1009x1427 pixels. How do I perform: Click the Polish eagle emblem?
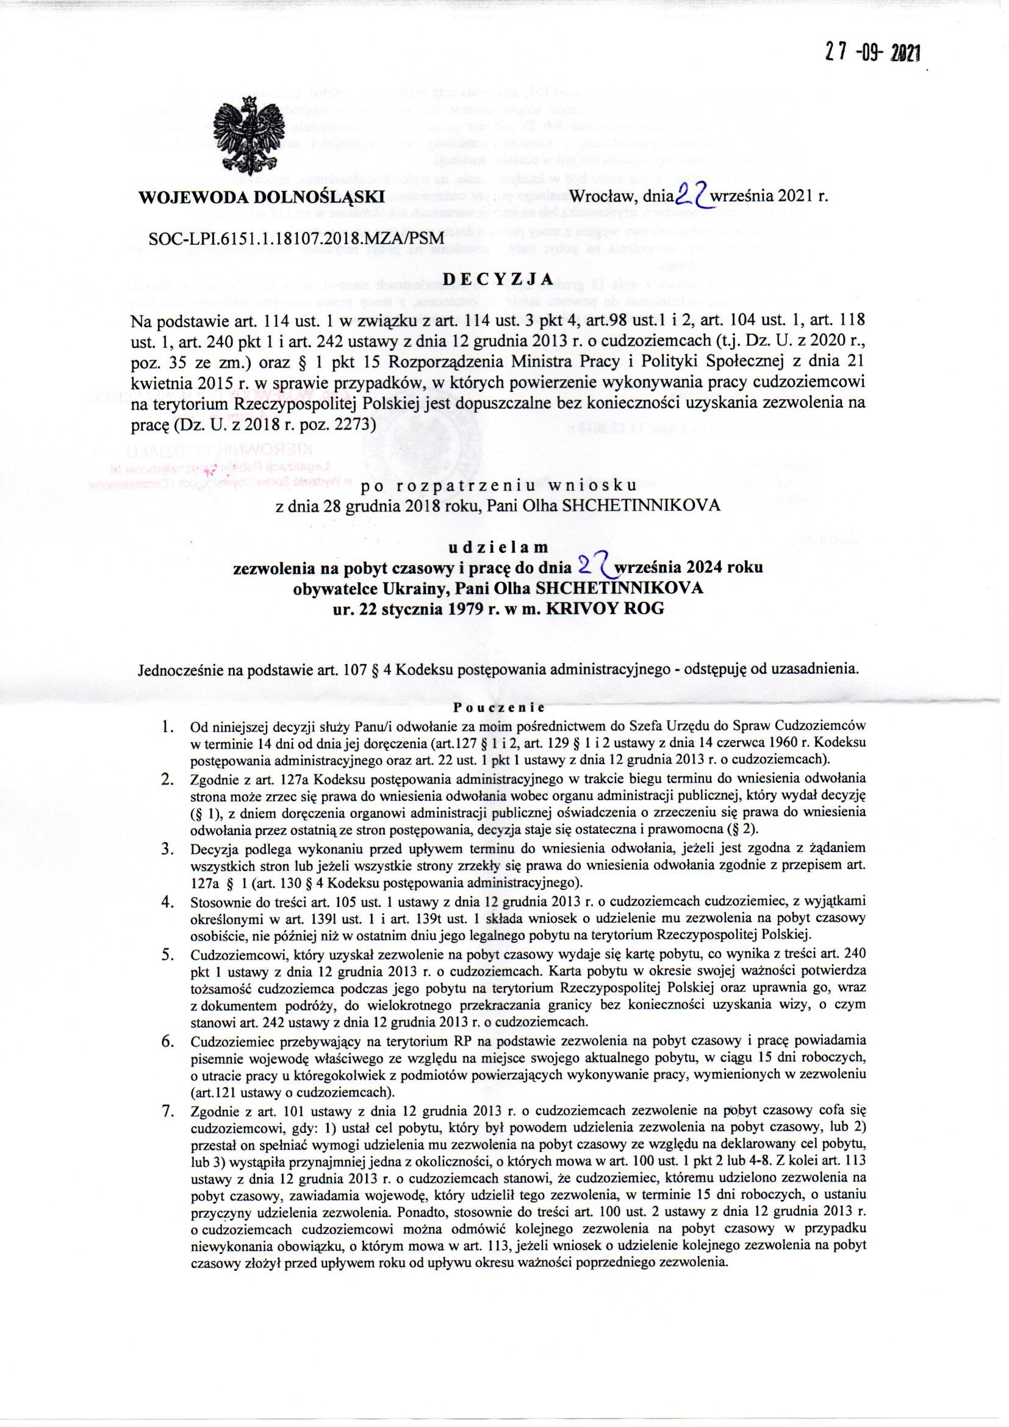pos(247,139)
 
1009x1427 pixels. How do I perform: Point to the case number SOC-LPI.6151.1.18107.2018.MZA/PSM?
pos(296,237)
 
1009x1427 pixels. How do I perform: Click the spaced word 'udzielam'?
pos(498,547)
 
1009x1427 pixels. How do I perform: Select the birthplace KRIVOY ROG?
pos(605,608)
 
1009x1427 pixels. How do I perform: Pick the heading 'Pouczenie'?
pos(499,707)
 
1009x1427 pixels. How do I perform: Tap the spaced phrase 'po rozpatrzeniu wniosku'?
pos(498,484)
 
